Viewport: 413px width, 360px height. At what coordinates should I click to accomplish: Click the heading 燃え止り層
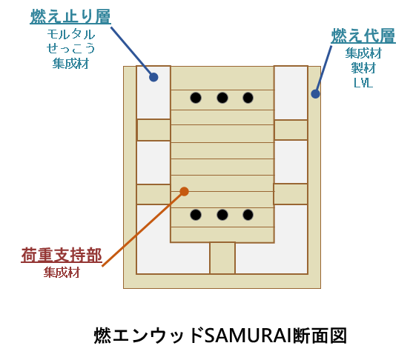[70, 16]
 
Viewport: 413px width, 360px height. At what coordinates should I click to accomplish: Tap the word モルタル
[71, 35]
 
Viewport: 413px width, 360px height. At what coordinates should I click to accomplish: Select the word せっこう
[70, 49]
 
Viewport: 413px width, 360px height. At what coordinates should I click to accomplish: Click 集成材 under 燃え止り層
[70, 64]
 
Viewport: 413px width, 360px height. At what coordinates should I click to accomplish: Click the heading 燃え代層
[363, 36]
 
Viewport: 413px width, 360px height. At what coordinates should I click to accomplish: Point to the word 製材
[363, 68]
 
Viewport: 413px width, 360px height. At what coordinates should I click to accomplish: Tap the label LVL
[363, 83]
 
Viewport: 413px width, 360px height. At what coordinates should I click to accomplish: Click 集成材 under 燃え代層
[363, 53]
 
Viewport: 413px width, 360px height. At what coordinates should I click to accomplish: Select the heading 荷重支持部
[62, 255]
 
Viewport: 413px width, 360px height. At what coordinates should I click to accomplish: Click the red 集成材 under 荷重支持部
[62, 272]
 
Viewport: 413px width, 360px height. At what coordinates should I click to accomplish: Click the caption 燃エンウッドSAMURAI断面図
[220, 335]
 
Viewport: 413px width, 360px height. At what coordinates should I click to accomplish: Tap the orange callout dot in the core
[184, 191]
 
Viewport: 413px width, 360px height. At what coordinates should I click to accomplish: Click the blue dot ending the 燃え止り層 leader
[153, 77]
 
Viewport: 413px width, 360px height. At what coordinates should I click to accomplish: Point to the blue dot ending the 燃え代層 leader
[315, 93]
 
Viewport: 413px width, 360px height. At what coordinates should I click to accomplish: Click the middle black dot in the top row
[222, 98]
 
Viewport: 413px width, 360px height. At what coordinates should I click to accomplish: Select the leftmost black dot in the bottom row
[196, 215]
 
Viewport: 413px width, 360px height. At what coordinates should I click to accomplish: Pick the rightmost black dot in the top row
[248, 98]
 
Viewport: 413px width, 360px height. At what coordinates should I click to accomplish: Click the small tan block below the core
[222, 259]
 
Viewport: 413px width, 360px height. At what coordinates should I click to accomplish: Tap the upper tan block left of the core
[153, 130]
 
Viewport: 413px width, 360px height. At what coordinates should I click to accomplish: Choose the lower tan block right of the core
[291, 194]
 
